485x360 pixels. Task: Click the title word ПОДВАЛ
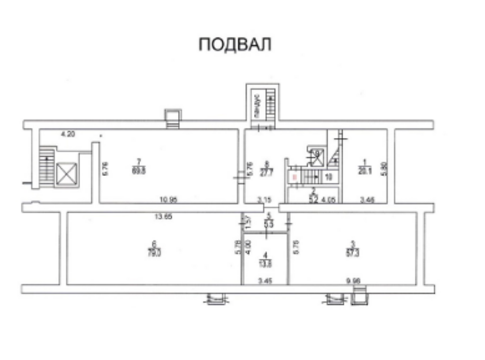(235, 45)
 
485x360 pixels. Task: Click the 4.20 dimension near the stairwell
(68, 134)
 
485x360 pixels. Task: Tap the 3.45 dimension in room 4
(265, 281)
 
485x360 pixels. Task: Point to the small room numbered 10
(328, 177)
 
